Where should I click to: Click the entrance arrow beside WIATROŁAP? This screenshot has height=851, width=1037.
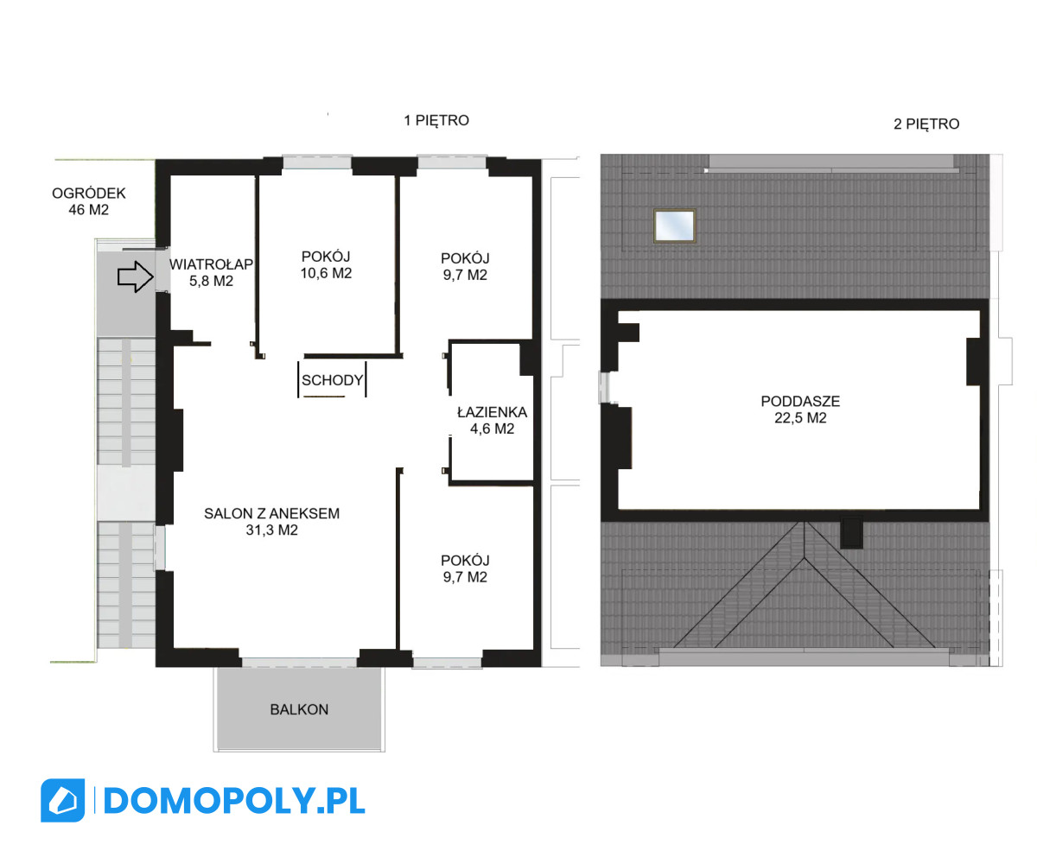(x=135, y=276)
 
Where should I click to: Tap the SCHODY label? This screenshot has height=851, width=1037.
(x=332, y=380)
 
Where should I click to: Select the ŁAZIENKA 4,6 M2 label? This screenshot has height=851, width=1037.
(x=492, y=421)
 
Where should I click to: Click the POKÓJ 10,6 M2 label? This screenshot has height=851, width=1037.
(x=326, y=265)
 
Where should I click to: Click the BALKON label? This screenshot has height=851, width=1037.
(x=299, y=709)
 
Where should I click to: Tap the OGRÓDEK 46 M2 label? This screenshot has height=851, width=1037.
(x=88, y=201)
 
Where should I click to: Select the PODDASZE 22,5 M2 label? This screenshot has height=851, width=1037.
(x=800, y=410)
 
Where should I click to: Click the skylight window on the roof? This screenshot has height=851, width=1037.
(x=674, y=226)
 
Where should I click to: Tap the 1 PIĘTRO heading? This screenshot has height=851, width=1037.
(x=436, y=120)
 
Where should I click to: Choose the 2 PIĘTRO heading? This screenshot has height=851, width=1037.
(x=926, y=124)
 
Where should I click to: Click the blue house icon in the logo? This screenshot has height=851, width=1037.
(x=62, y=800)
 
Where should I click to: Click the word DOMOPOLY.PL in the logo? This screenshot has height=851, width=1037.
(x=234, y=801)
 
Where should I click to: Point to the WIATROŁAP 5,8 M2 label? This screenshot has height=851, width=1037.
(x=211, y=273)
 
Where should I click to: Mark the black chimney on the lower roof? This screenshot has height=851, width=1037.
(x=851, y=533)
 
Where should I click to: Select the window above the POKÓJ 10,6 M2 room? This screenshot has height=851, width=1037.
(x=317, y=162)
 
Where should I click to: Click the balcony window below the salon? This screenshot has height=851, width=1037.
(x=299, y=662)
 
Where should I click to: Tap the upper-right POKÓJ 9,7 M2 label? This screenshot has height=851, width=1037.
(x=465, y=266)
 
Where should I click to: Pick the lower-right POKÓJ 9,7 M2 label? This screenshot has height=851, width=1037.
(x=465, y=568)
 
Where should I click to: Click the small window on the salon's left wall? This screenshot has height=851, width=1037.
(x=160, y=548)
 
